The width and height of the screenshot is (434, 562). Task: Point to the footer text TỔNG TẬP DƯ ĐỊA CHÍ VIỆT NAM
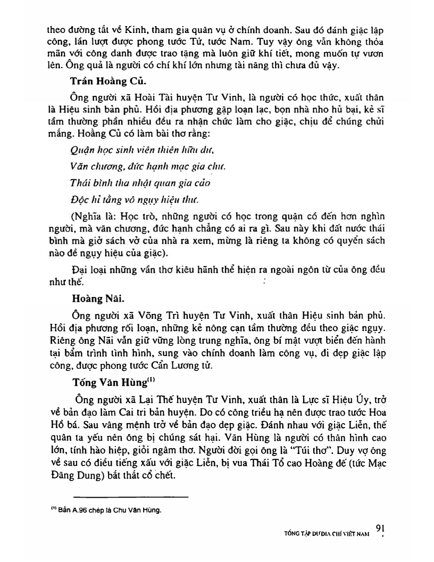[x=327, y=532]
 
